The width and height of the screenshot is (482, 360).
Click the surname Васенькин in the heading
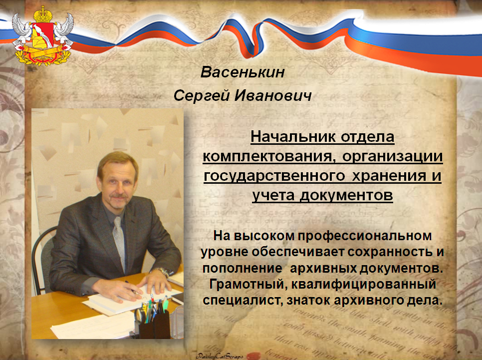242,72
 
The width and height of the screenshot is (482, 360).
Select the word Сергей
202,95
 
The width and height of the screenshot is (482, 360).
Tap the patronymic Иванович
273,95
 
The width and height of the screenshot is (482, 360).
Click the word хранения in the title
389,176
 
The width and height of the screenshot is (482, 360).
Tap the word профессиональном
365,236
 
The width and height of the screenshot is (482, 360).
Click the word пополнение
242,268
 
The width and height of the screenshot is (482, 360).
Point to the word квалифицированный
364,284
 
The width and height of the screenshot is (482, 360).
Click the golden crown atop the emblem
43,14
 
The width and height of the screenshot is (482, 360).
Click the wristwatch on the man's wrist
163,272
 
